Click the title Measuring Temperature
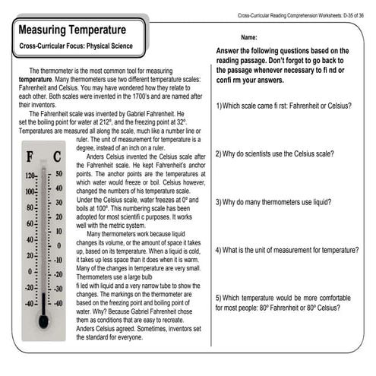click(x=72, y=30)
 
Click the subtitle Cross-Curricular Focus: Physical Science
click(x=77, y=47)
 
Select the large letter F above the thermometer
click(x=30, y=157)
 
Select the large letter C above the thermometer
click(x=58, y=157)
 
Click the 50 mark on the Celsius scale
click(x=60, y=174)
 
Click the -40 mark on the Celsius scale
click(x=59, y=303)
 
